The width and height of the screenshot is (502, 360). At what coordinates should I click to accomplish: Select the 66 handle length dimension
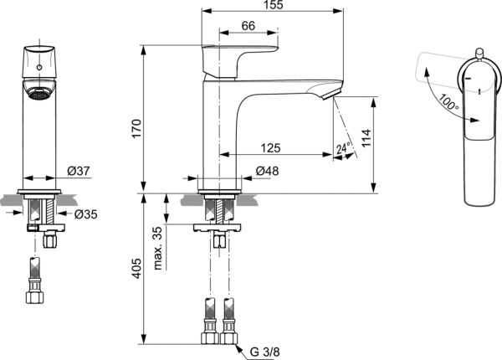pyautogui.click(x=248, y=27)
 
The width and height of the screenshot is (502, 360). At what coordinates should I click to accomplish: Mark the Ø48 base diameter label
pyautogui.click(x=266, y=172)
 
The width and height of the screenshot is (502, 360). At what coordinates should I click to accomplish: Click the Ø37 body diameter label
pyautogui.click(x=78, y=172)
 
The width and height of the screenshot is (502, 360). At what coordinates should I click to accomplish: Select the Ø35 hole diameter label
pyautogui.click(x=84, y=214)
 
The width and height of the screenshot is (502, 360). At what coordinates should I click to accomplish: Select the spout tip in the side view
pyautogui.click(x=335, y=90)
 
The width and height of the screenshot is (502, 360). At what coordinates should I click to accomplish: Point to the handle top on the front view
pyautogui.click(x=37, y=50)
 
